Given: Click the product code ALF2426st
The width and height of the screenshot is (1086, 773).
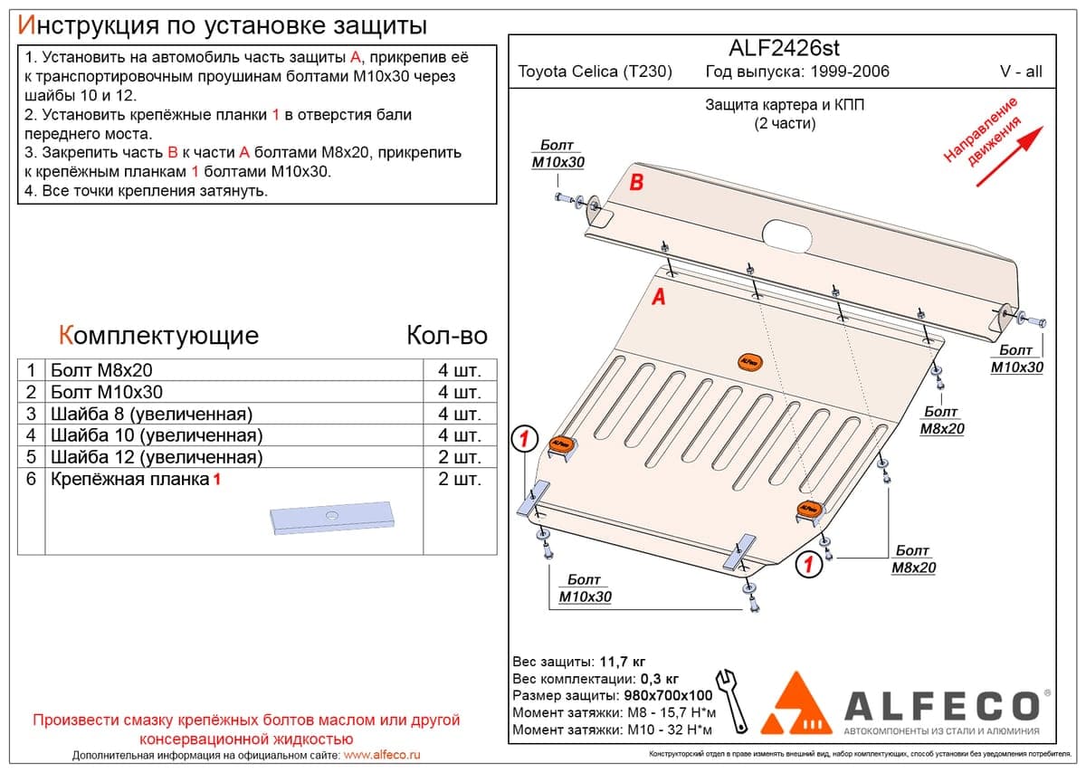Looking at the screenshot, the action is tap(784, 48).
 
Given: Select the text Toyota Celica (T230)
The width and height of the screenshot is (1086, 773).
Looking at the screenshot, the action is tap(595, 72).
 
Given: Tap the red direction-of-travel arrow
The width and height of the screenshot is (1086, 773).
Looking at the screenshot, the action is tap(1009, 157).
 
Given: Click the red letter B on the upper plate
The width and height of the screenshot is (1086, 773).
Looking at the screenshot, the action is tap(636, 183).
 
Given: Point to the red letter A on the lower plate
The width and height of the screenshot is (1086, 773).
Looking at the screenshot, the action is tap(659, 296).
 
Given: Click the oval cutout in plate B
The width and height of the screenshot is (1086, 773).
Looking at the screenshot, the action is tap(786, 236).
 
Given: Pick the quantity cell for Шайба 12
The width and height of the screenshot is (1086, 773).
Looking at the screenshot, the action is tap(460, 457).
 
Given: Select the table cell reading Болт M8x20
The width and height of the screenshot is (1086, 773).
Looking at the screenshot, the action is tap(101, 370).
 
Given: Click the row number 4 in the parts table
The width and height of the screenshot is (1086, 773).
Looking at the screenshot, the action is tap(31, 435).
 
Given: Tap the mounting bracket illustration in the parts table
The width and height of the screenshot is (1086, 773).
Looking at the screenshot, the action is tap(332, 518).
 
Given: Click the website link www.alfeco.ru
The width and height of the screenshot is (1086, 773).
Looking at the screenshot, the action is tap(382, 755).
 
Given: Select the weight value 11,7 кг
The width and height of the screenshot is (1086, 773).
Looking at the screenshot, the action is tap(623, 662).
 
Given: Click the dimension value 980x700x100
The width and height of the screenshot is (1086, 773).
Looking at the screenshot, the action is tap(668, 695).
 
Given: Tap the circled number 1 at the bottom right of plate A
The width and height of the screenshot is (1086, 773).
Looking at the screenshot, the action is tap(809, 565).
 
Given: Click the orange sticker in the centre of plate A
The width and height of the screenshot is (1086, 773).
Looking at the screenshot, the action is tap(749, 362).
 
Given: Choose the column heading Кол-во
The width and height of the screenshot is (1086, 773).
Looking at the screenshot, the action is tap(447, 336).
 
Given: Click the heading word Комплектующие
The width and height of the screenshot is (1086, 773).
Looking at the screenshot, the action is tap(158, 336).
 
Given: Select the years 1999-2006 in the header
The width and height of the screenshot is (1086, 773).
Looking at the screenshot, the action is tap(850, 72).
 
